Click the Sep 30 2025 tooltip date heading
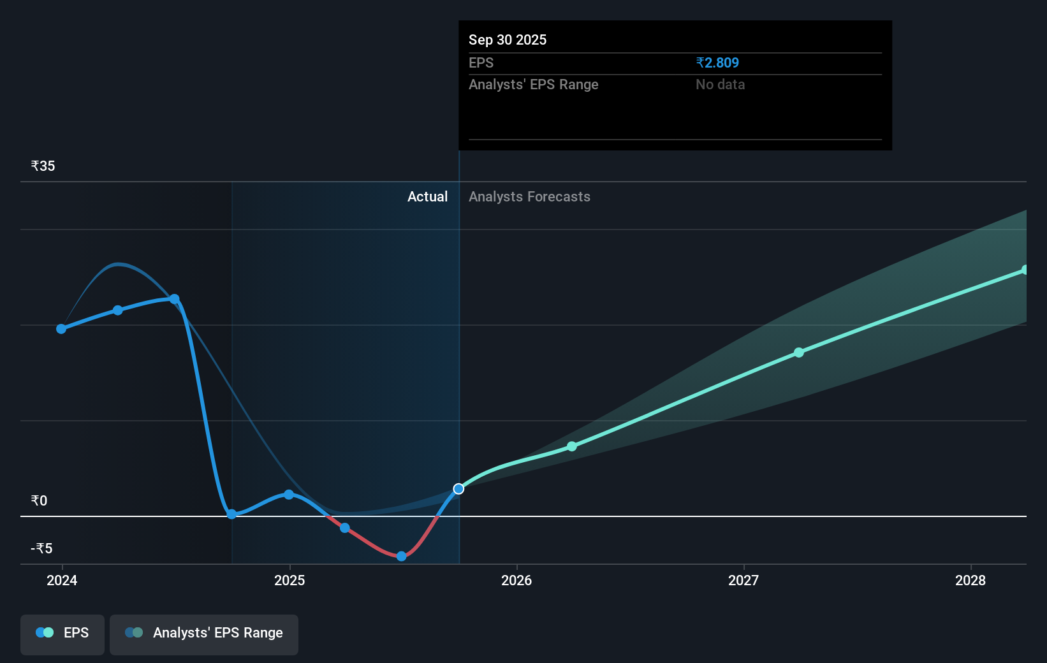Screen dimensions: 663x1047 [508, 40]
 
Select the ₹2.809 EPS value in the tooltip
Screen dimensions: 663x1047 [717, 62]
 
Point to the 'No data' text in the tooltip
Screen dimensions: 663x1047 [720, 84]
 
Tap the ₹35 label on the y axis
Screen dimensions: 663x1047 [43, 166]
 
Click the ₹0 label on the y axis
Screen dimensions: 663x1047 [39, 500]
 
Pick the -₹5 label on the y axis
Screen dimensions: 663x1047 [41, 548]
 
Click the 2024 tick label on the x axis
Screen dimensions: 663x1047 [62, 580]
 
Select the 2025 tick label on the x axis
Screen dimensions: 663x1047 [289, 580]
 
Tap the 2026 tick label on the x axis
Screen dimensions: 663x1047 [516, 580]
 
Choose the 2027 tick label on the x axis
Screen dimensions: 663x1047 [743, 580]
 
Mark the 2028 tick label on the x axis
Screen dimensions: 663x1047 [970, 580]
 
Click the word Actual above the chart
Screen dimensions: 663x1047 [427, 196]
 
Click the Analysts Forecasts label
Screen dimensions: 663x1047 [529, 196]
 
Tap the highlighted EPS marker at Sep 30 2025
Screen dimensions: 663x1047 [458, 489]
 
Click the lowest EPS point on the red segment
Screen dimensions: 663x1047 [401, 556]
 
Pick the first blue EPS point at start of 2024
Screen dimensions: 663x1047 [61, 329]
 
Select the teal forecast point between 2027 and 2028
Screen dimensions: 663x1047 [799, 353]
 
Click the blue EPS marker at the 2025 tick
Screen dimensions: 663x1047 [289, 495]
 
